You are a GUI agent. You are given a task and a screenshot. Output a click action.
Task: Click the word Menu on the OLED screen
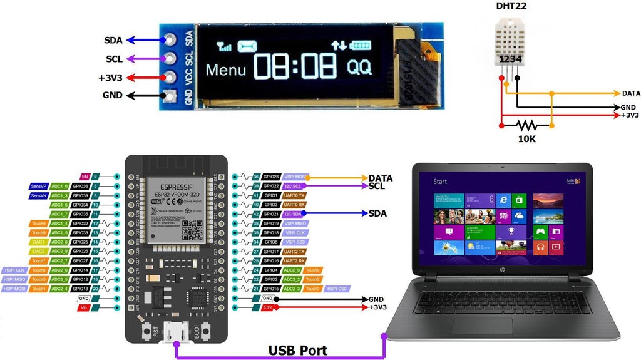tap(226, 69)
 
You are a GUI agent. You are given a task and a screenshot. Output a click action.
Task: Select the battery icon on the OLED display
tap(360, 45)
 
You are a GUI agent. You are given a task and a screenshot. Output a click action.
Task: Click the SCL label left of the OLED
tap(114, 59)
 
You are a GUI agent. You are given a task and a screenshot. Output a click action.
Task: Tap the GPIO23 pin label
tap(272, 177)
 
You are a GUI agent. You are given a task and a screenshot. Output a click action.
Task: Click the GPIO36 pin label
tap(81, 187)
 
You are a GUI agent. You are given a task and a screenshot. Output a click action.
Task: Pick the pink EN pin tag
tap(86, 177)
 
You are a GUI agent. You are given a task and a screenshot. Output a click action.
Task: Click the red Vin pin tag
tap(84, 308)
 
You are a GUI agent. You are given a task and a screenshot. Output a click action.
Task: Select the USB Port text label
tap(298, 350)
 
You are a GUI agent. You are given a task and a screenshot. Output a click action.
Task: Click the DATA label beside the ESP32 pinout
tap(381, 178)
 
